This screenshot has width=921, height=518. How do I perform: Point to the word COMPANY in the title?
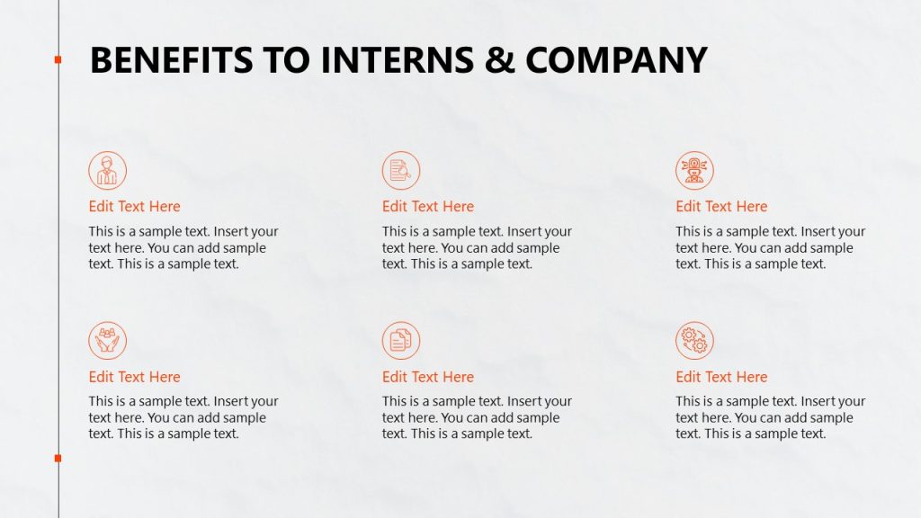pyautogui.click(x=617, y=60)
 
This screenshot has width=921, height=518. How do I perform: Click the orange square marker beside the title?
pyautogui.click(x=58, y=59)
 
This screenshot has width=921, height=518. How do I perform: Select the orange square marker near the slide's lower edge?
pyautogui.click(x=58, y=459)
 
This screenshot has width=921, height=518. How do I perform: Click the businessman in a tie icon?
pyautogui.click(x=108, y=170)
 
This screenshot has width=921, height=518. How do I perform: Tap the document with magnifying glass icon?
pyautogui.click(x=401, y=170)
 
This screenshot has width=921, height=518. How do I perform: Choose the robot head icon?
pyautogui.click(x=694, y=170)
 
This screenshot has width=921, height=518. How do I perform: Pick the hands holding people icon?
pyautogui.click(x=108, y=341)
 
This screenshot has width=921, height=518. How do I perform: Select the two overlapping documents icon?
pyautogui.click(x=401, y=341)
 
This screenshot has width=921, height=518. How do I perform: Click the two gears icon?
pyautogui.click(x=694, y=341)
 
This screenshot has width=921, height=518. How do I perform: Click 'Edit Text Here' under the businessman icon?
pyautogui.click(x=134, y=207)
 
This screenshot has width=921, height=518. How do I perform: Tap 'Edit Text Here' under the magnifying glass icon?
pyautogui.click(x=428, y=207)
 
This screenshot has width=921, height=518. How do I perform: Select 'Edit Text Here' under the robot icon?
pyautogui.click(x=721, y=207)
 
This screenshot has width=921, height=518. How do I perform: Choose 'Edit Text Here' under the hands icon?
pyautogui.click(x=134, y=377)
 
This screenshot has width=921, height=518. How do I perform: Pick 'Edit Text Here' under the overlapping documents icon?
pyautogui.click(x=428, y=377)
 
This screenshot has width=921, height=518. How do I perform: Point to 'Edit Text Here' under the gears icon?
pyautogui.click(x=721, y=377)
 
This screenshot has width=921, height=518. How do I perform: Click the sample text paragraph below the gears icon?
pyautogui.click(x=770, y=417)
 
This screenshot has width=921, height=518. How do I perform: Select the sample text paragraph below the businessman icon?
pyautogui.click(x=183, y=247)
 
